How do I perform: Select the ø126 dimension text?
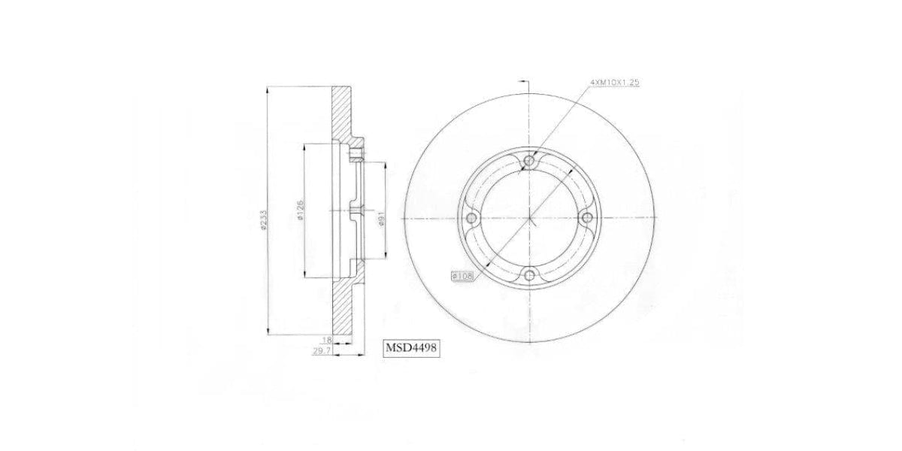[300, 210]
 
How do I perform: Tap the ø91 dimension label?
[382, 218]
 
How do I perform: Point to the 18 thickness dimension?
[326, 340]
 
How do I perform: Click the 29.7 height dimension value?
[321, 350]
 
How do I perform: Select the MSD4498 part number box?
[411, 348]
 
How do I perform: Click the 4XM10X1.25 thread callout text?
[614, 83]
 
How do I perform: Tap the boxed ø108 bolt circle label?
[462, 276]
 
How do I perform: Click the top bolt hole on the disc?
[530, 160]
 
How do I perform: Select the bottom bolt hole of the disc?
[530, 276]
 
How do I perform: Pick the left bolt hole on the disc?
[472, 218]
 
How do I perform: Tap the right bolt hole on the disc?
[588, 218]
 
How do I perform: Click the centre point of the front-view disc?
[530, 218]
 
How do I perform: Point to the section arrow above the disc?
[524, 80]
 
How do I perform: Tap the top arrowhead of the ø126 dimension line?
[304, 145]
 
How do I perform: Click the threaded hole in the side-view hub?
[355, 155]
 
